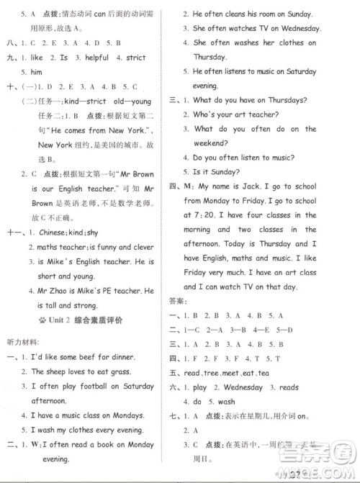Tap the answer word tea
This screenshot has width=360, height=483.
264,373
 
